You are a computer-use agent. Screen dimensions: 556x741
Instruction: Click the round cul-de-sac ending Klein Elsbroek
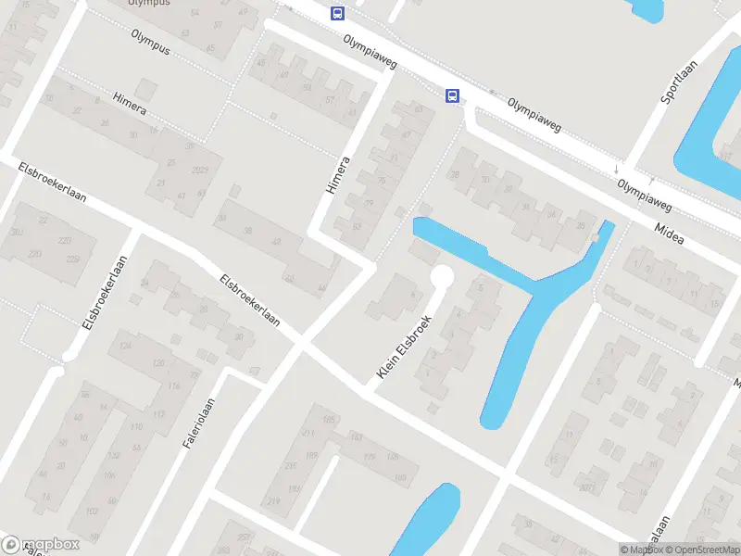point(442,276)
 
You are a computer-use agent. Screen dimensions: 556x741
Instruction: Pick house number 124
point(126,347)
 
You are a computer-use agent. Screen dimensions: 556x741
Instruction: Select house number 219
point(273,501)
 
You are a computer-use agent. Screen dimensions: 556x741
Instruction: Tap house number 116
point(173,385)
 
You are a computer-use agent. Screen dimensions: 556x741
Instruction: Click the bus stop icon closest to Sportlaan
point(453,95)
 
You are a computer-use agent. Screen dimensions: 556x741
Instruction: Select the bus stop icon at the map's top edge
point(337,13)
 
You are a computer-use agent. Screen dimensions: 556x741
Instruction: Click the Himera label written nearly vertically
point(339,174)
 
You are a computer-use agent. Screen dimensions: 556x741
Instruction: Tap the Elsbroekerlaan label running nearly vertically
point(104,292)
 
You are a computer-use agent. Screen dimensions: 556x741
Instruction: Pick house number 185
point(328,421)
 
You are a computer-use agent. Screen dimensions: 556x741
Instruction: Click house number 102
point(92,511)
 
